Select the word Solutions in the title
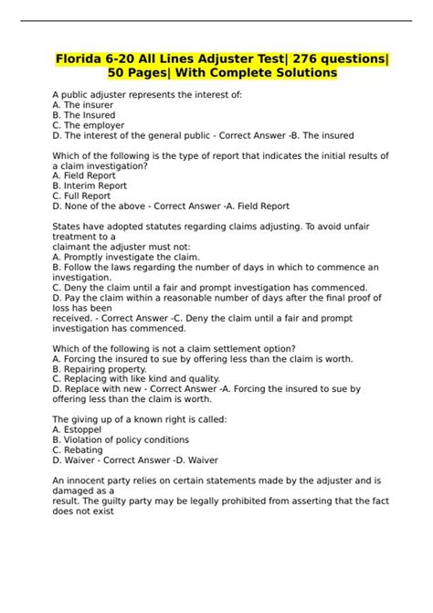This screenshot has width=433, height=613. [x=297, y=72]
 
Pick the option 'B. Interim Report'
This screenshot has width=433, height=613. [x=90, y=185]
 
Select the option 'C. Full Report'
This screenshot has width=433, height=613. [x=82, y=196]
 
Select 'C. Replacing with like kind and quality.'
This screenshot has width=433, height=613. [x=136, y=378]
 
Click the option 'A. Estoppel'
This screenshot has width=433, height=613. [x=79, y=428]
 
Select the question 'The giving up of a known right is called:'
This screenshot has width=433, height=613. [x=140, y=418]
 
